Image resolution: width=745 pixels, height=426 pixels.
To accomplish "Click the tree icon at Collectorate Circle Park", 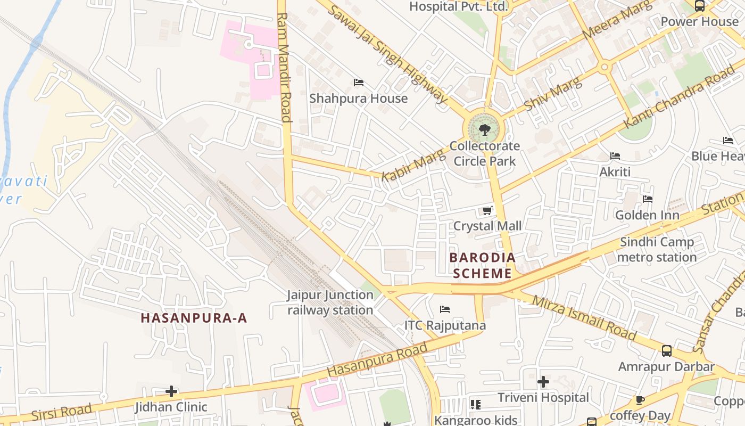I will pos(484,129).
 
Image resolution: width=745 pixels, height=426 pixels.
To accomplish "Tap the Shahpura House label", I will pos(358,99).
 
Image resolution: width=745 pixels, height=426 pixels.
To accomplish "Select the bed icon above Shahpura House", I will pos(359,83).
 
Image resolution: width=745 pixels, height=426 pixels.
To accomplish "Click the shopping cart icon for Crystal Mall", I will pos(487,211).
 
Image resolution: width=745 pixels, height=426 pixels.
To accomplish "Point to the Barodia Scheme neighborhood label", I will pos(482,266).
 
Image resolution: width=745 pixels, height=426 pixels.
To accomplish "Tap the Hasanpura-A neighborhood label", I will pos(194,318).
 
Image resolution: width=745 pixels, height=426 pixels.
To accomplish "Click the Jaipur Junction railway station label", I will pos(330,302).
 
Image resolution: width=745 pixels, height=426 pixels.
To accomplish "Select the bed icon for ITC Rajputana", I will pos(445,309).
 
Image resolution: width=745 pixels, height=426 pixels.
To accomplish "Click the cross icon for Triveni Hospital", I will pos(543,382).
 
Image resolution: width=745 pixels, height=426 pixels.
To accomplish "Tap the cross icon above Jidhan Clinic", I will pos(171,391).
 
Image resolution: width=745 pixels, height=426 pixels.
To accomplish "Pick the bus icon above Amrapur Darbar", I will pos(666,351).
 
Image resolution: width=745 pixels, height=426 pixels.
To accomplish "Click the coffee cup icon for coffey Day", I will pos(640,400).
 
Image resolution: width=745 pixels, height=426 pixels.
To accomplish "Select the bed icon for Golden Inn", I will pos(648,199).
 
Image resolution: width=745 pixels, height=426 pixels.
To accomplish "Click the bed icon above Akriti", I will pos(615,156).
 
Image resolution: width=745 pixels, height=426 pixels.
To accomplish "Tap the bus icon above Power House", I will pos(699,6).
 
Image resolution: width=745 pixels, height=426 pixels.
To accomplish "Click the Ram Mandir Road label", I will pos(285,68).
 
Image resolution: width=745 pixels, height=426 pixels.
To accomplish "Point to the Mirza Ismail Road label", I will pos(584,318).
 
